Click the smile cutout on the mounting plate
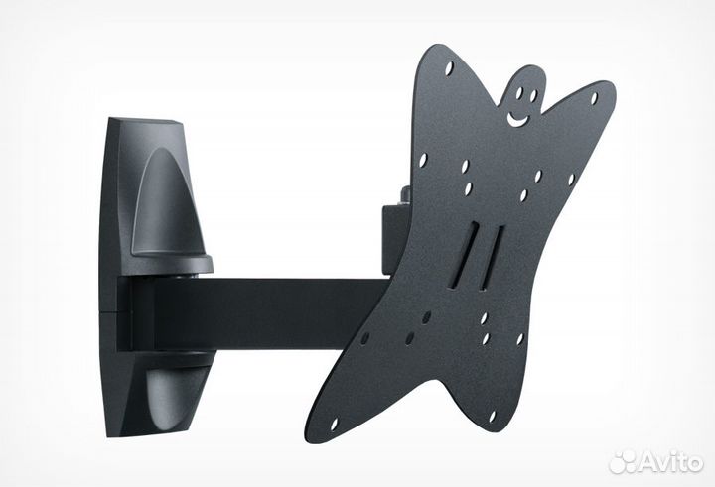click(x=519, y=120)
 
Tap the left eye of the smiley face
click(x=519, y=92)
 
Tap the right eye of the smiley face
click(x=533, y=95)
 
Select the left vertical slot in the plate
click(x=465, y=254)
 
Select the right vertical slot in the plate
click(x=493, y=258)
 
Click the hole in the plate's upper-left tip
click(x=449, y=68)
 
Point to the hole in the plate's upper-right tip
click(x=594, y=98)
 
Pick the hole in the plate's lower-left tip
click(x=334, y=424)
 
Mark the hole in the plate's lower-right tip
click(x=492, y=416)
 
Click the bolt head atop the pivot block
click(x=405, y=195)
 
